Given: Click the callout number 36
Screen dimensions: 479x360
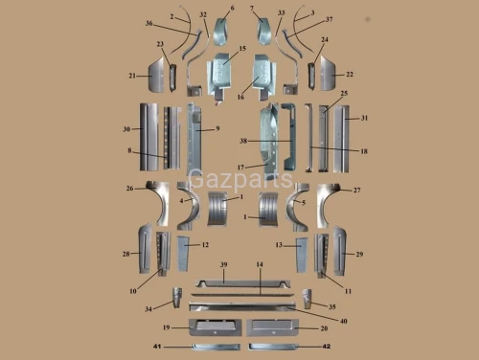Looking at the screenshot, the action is tap(149, 23).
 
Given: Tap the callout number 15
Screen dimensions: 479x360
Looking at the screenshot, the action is tap(242, 48).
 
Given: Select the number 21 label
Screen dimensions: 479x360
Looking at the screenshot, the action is tap(132, 76).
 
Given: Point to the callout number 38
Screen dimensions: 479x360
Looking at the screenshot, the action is tap(243, 141).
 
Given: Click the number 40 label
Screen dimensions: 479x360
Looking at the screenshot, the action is tap(344, 321).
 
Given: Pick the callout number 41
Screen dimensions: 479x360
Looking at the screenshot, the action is tap(157, 347).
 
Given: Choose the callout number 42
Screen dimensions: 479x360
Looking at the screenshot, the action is tap(327, 347).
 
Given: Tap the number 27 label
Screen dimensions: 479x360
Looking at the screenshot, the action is tap(356, 191).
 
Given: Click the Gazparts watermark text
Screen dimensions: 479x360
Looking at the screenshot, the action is tap(240, 179).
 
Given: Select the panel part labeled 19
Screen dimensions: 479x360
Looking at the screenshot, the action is tap(216, 327).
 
